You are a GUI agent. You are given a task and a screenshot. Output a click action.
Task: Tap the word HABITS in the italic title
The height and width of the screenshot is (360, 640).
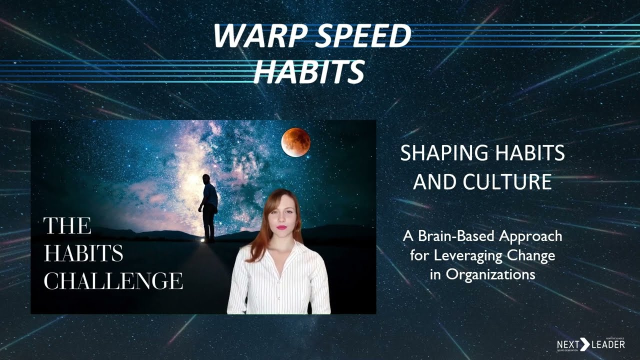[308, 71]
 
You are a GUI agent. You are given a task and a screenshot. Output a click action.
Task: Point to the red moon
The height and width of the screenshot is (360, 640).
[295, 142]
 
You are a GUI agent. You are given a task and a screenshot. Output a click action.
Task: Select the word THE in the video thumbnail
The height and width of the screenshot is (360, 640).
[67, 226]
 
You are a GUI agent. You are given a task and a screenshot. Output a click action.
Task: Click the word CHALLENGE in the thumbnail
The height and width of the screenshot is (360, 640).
[113, 281]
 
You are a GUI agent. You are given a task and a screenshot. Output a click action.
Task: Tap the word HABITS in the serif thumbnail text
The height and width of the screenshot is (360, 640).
[83, 254]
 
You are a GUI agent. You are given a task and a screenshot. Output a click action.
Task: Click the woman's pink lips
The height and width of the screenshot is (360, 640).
[282, 227]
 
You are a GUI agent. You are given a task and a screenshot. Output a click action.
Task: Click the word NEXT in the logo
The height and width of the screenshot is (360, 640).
[567, 345]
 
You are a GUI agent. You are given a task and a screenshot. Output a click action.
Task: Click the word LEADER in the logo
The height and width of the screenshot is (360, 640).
[607, 345]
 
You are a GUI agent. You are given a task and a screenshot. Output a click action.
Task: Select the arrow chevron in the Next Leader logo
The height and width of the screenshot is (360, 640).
[584, 344]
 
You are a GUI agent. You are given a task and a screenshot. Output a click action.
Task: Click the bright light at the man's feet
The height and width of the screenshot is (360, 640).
[202, 241]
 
